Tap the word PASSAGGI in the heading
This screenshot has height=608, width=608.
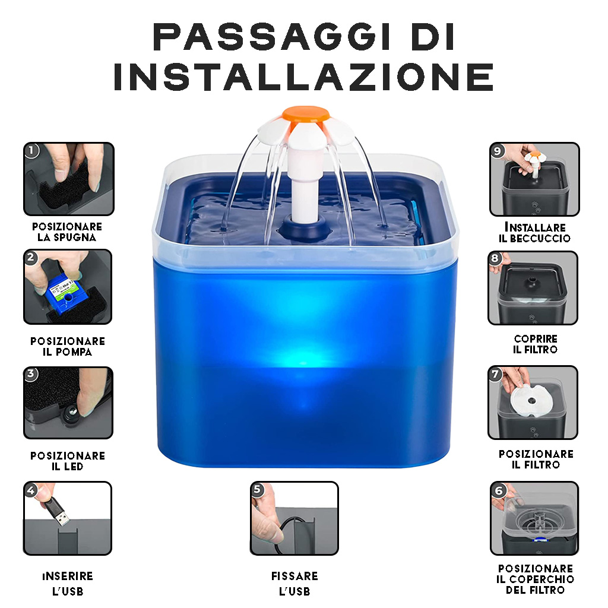[x=264, y=37]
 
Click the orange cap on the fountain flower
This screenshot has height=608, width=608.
[x=306, y=114]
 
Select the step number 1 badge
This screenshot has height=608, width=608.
[x=32, y=150]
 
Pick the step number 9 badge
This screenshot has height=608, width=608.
[x=498, y=150]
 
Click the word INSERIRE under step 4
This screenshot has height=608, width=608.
[x=68, y=576]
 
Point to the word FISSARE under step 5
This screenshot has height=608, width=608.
[x=294, y=576]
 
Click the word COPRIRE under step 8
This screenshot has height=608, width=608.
[x=536, y=339]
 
